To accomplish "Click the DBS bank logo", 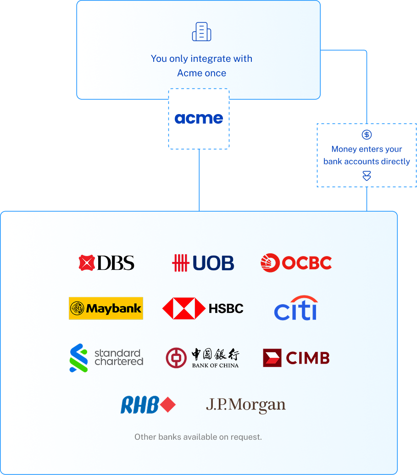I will pyautogui.click(x=106, y=262).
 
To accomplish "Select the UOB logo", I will pyautogui.click(x=203, y=263).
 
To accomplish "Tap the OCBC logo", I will pyautogui.click(x=296, y=262).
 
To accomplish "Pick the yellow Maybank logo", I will pyautogui.click(x=106, y=308).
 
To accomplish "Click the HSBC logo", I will pyautogui.click(x=203, y=308).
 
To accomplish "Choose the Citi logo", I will pyautogui.click(x=296, y=308).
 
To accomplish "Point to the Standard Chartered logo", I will pyautogui.click(x=106, y=357).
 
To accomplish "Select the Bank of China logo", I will pyautogui.click(x=202, y=358).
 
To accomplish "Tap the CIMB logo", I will pyautogui.click(x=296, y=358).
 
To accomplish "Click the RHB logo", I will pyautogui.click(x=148, y=405).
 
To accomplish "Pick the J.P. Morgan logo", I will pyautogui.click(x=245, y=405).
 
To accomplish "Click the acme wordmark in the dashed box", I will pyautogui.click(x=199, y=119).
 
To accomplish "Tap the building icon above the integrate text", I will pyautogui.click(x=202, y=32).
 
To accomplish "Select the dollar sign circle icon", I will pyautogui.click(x=367, y=135).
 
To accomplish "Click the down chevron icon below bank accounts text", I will pyautogui.click(x=367, y=176).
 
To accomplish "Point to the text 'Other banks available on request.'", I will pyautogui.click(x=198, y=437).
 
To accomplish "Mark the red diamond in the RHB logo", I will pyautogui.click(x=168, y=405).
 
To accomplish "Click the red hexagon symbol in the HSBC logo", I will pyautogui.click(x=183, y=308).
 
